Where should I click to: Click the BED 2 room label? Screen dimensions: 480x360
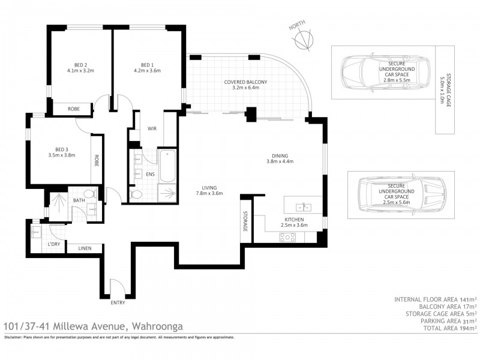[x=80, y=65]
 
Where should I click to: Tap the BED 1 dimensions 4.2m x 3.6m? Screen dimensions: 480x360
[x=147, y=70]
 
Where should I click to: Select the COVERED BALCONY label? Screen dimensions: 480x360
[x=245, y=82]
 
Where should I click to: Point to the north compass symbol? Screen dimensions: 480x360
[x=304, y=40]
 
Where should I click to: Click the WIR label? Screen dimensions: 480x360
[x=152, y=128]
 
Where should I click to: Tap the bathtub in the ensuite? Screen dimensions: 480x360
[x=167, y=166]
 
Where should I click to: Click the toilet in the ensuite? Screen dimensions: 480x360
[x=136, y=194]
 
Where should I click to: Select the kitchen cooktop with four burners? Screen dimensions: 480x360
[x=288, y=237]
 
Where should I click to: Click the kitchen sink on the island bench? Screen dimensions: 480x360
[x=304, y=207]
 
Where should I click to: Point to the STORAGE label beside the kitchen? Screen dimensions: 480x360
[x=245, y=221]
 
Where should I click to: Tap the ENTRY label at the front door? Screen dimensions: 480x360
[x=118, y=302]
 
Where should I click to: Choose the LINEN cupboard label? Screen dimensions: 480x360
[x=85, y=248]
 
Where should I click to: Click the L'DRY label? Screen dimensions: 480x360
[x=54, y=244]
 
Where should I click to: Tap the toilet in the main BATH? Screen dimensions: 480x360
[x=90, y=194]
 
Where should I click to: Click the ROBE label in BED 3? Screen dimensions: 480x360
[x=97, y=160]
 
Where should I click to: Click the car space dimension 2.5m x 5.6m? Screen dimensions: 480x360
[x=397, y=202]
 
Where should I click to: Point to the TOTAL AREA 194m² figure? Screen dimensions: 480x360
[x=450, y=328]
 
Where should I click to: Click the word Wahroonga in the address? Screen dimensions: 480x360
[x=157, y=326]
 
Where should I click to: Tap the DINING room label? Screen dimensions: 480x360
[x=280, y=156]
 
